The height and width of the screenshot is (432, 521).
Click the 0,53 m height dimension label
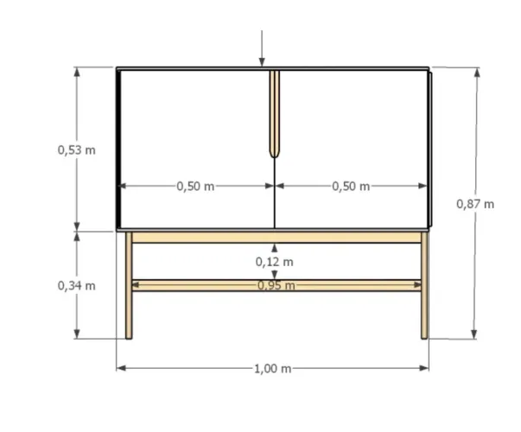click(x=76, y=150)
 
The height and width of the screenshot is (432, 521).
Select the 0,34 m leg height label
click(x=76, y=286)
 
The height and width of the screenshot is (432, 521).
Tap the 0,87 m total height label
click(x=475, y=204)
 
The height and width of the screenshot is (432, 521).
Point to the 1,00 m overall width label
click(x=272, y=369)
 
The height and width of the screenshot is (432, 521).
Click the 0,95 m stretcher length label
click(x=276, y=285)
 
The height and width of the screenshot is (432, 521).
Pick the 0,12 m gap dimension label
click(x=275, y=262)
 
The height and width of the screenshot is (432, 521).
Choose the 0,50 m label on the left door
click(x=195, y=187)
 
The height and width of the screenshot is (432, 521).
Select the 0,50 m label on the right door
click(x=351, y=187)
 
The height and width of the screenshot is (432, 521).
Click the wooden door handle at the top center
click(x=275, y=114)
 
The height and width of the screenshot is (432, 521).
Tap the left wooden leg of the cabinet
click(x=129, y=285)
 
